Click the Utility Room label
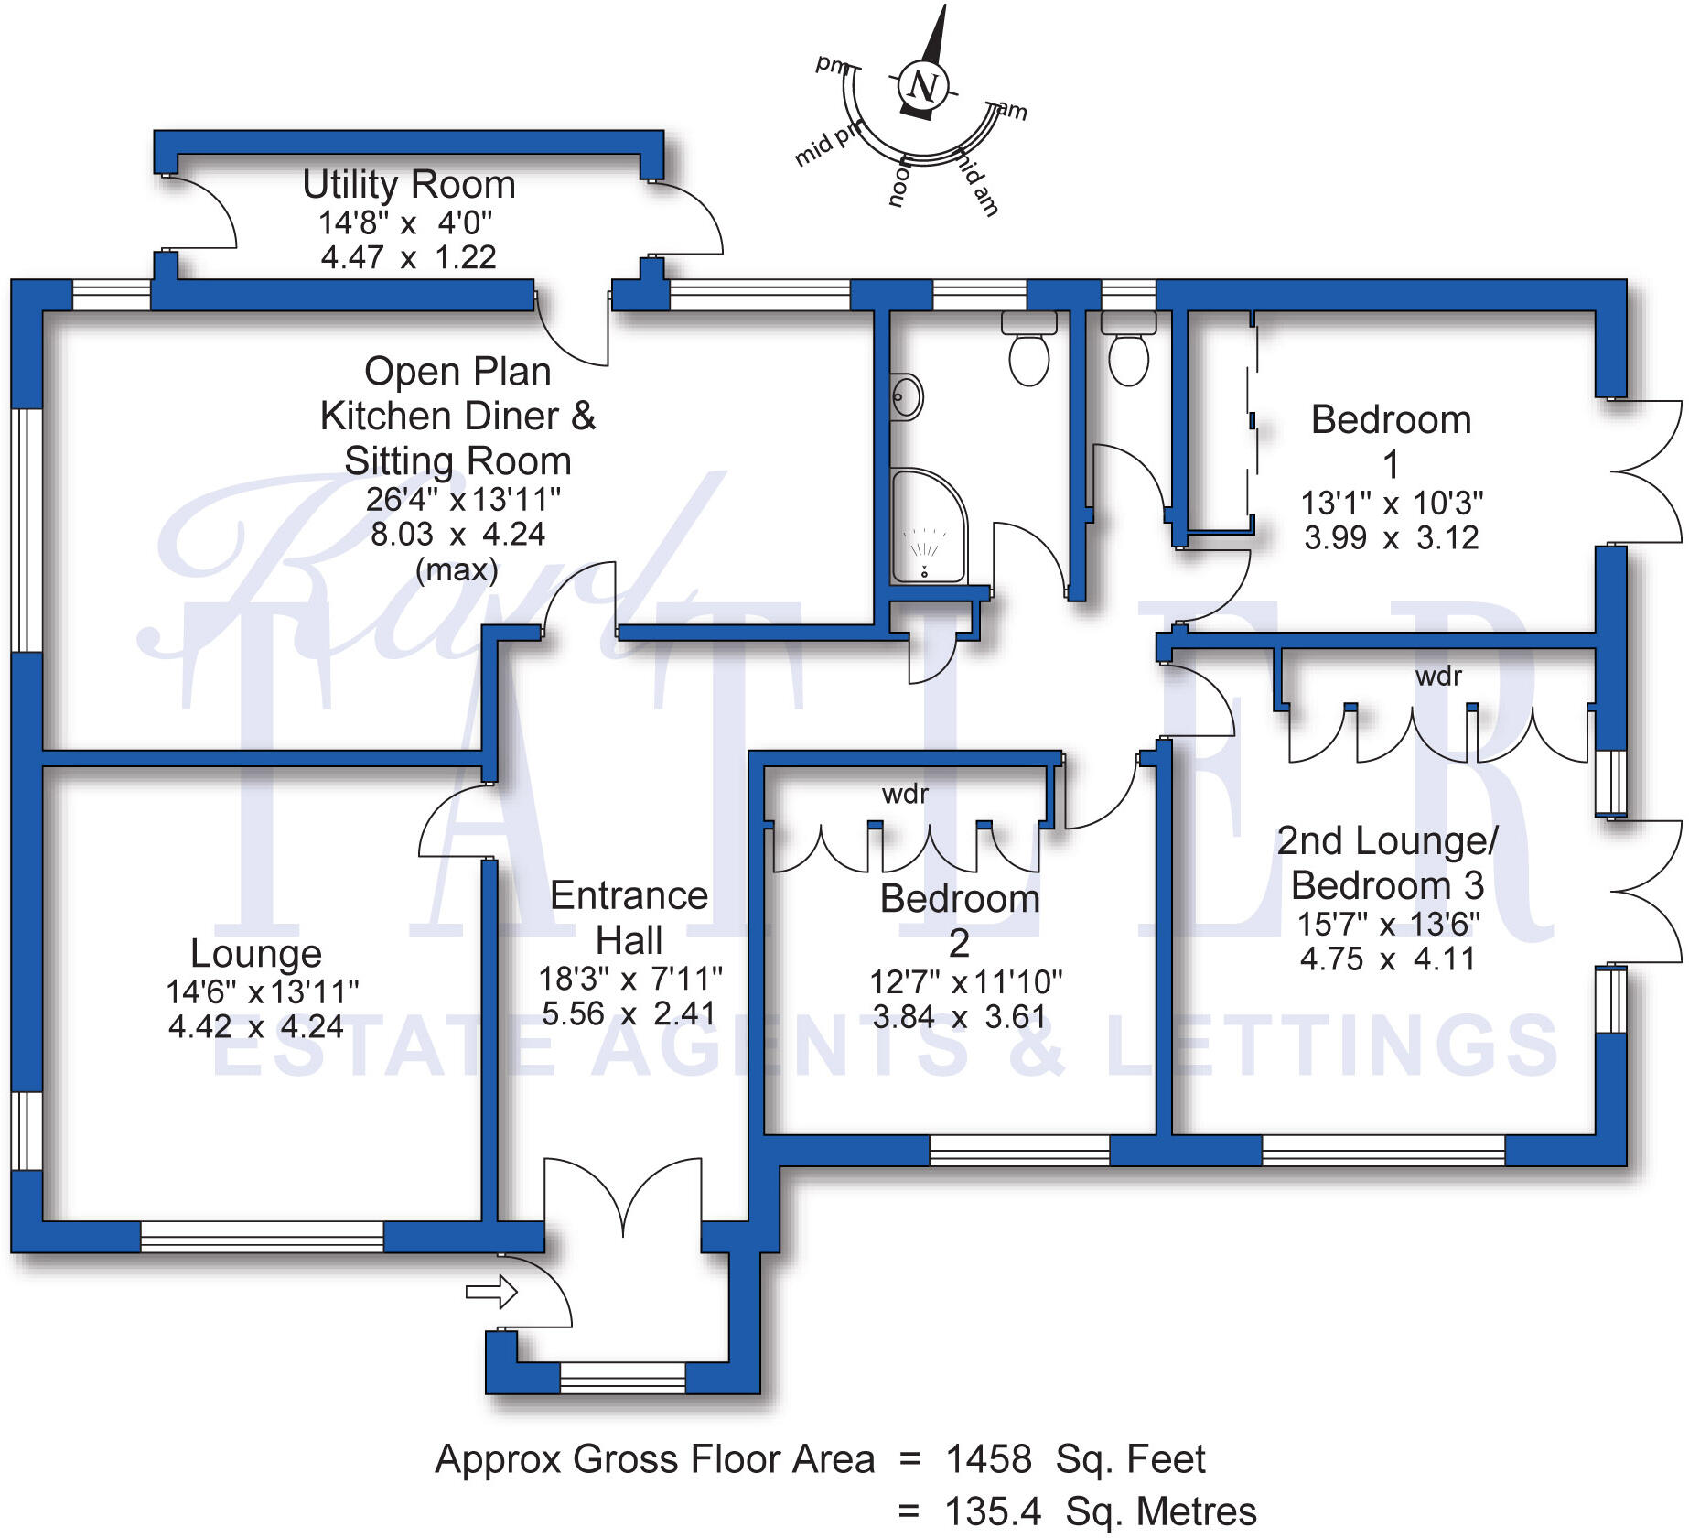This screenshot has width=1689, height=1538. (409, 185)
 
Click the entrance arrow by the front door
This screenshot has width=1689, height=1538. (491, 1293)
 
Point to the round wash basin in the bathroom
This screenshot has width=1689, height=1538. (906, 397)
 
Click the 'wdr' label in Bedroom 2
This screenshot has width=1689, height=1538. (905, 795)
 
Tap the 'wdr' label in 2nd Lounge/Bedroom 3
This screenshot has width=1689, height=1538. (1438, 677)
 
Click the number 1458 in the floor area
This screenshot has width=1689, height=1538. (988, 1459)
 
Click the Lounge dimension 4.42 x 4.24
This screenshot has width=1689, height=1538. (256, 1027)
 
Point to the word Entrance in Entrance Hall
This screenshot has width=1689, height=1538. (629, 896)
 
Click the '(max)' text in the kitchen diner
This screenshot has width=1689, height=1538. (457, 570)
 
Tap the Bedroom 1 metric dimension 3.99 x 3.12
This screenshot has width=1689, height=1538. (1391, 537)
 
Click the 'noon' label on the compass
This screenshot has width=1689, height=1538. (900, 181)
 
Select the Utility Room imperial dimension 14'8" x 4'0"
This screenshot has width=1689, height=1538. (404, 223)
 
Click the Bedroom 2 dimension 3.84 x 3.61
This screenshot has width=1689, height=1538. (958, 1017)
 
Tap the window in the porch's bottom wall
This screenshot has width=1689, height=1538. (622, 1378)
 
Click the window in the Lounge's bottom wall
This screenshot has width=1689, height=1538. (262, 1237)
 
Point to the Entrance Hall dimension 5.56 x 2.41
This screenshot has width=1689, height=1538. (629, 1014)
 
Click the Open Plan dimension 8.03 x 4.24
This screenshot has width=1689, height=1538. (457, 535)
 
